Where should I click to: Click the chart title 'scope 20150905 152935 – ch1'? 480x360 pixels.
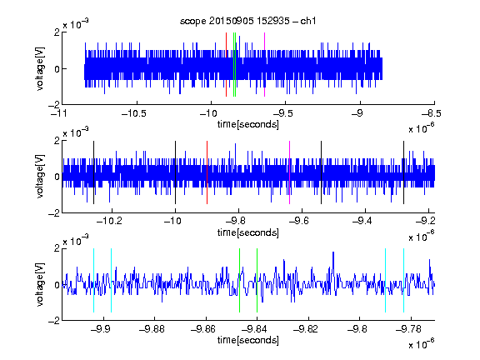click(248, 21)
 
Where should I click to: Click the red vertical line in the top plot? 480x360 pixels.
click(226, 65)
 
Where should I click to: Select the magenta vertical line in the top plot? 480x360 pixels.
click(264, 65)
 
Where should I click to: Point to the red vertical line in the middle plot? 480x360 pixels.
click(207, 172)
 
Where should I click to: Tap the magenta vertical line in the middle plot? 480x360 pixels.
click(290, 172)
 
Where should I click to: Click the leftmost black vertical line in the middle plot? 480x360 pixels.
click(93, 172)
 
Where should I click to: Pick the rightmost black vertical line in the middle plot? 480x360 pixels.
click(403, 172)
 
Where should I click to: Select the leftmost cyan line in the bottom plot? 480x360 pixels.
click(93, 280)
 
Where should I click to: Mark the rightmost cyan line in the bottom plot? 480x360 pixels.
click(403, 280)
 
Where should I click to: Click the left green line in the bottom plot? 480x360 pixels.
click(239, 280)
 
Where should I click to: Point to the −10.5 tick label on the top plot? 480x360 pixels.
click(134, 114)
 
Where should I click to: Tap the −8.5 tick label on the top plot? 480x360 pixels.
click(432, 114)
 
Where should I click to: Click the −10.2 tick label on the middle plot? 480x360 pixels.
click(109, 221)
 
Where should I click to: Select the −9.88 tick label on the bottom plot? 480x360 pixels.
click(152, 329)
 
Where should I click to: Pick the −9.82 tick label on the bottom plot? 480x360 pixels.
click(306, 329)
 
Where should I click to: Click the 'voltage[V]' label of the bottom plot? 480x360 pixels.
click(40, 284)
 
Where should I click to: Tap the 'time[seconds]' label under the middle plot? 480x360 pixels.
click(248, 232)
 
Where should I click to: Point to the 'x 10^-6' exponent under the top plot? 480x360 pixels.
click(422, 128)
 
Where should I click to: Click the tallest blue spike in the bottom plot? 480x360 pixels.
click(333, 252)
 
